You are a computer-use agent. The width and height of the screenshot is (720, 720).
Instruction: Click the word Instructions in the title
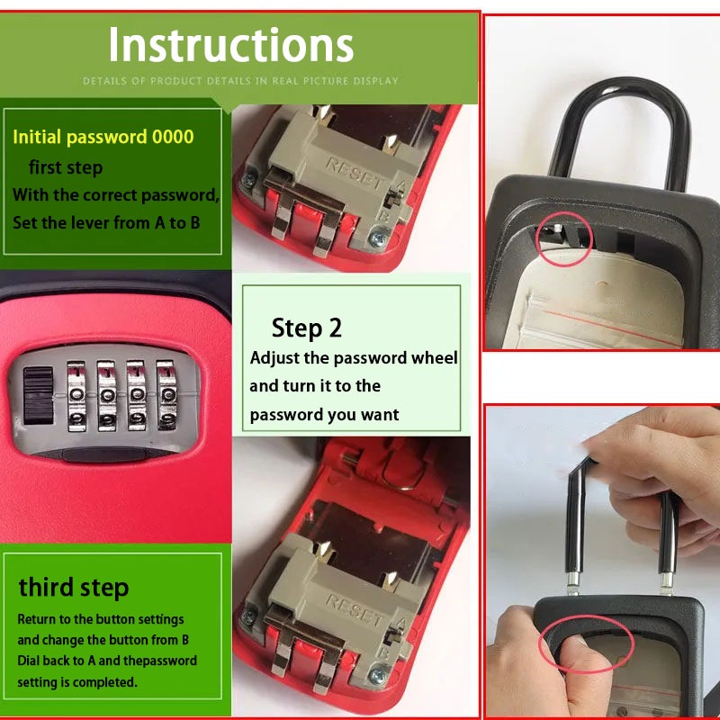231,44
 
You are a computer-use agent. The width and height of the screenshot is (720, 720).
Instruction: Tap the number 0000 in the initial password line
173,137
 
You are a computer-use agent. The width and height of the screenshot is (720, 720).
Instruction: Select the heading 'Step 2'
307,328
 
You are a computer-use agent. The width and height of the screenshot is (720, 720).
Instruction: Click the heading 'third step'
74,588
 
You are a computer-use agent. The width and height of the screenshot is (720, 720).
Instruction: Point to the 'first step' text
66,167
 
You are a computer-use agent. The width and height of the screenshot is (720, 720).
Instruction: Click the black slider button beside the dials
38,395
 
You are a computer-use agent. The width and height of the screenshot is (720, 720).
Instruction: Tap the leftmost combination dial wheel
76,396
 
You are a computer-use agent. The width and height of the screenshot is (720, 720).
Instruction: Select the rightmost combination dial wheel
166,395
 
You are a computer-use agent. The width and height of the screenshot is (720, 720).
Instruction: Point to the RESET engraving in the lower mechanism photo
354,610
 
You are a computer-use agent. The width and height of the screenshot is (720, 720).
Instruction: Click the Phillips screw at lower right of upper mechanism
378,238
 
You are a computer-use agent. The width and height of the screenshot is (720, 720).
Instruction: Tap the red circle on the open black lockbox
565,239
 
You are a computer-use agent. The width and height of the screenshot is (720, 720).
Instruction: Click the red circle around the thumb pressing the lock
587,644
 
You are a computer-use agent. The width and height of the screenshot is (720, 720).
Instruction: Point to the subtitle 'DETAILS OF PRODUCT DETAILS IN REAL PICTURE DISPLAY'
240,81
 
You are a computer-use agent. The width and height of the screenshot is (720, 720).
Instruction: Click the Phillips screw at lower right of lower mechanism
378,675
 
